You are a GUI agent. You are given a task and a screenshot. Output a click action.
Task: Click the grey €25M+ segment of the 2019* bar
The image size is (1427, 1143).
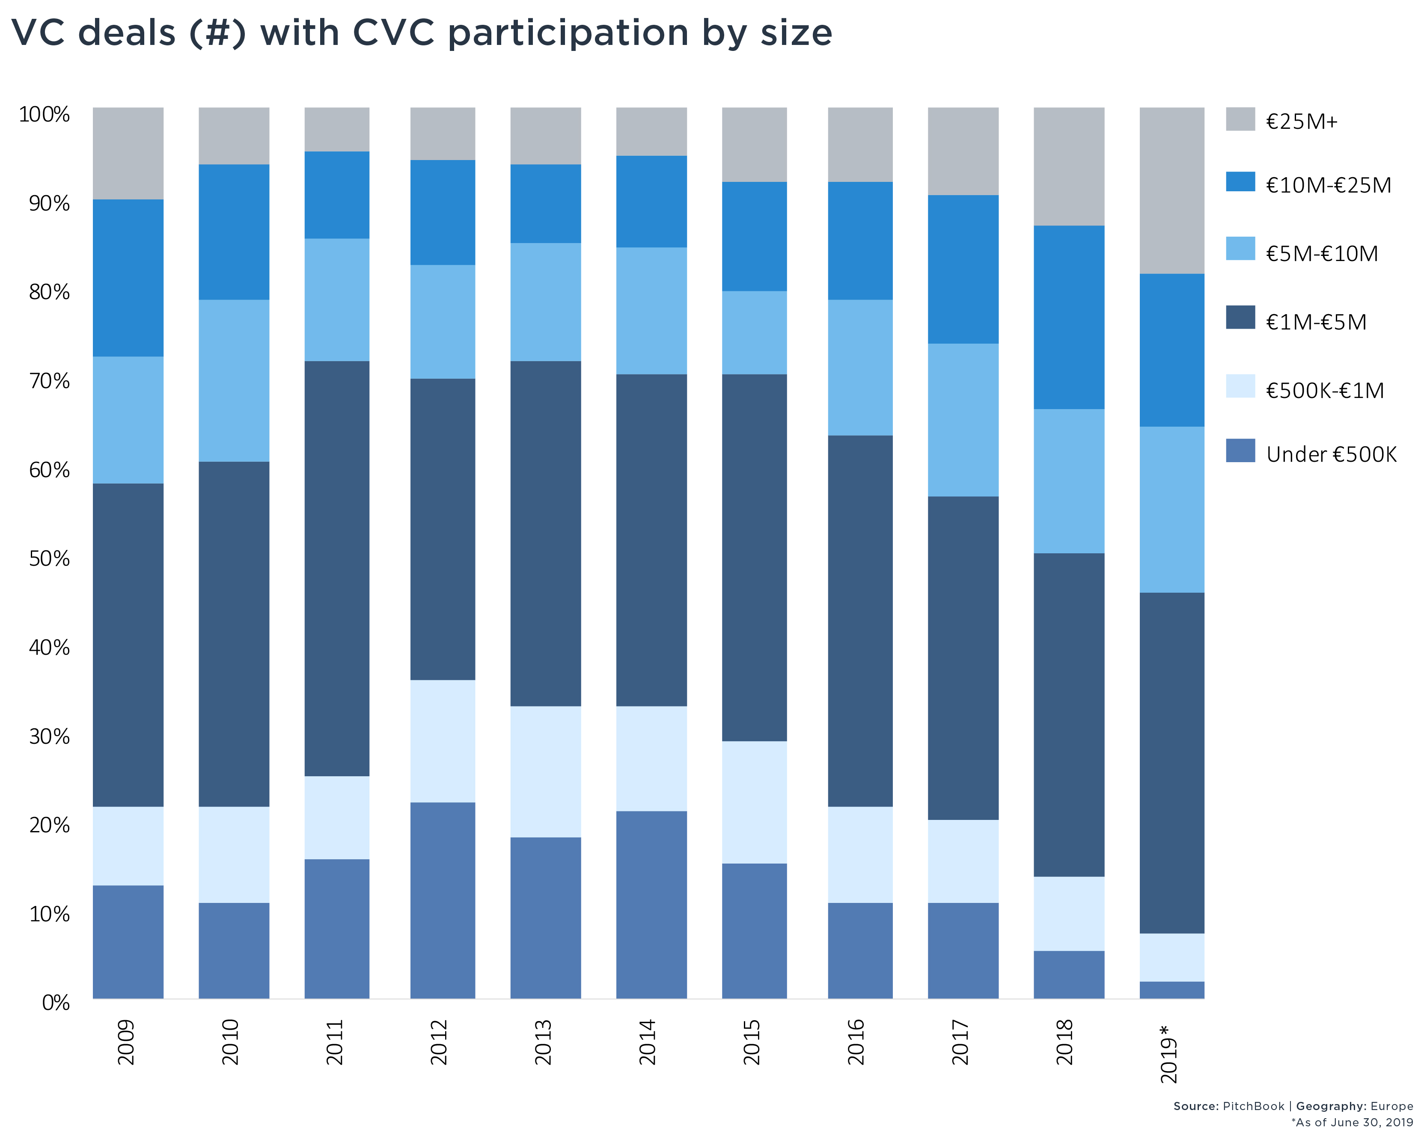coord(1171,190)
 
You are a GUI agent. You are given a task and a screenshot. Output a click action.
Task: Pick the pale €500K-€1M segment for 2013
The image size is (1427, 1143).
coord(545,772)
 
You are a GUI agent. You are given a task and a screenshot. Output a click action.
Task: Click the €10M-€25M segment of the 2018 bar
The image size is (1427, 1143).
coord(1069,317)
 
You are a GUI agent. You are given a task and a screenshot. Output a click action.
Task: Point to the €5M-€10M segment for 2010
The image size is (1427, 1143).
coord(234,380)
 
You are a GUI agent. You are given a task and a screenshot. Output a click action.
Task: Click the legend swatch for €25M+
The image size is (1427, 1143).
coord(1240,119)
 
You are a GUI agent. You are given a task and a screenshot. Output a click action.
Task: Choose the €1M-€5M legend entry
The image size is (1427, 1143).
coord(1316,322)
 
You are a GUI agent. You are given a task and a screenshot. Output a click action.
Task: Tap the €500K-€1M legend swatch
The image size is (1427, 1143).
coord(1240,386)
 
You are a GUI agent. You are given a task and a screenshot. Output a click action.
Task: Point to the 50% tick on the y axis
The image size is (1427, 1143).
coord(49,558)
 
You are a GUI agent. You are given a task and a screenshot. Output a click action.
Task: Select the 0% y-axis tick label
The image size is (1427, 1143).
coord(56,1003)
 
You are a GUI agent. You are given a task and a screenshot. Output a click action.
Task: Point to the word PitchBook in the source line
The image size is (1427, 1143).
coord(1253,1106)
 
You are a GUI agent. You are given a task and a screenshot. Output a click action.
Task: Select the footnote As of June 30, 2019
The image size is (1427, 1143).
coord(1352,1122)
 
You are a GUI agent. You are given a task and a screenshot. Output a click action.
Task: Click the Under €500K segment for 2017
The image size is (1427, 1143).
coord(963,950)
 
